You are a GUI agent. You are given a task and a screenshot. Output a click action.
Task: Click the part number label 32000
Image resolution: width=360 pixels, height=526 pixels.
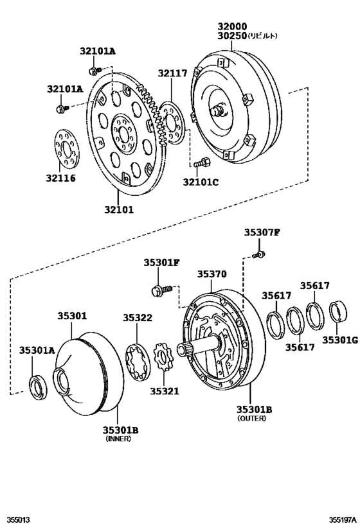pos(230,26)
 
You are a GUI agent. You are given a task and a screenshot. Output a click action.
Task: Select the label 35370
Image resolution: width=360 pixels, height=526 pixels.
pos(212,274)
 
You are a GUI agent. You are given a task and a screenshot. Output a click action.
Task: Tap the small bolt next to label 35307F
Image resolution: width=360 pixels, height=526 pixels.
pos(258,256)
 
